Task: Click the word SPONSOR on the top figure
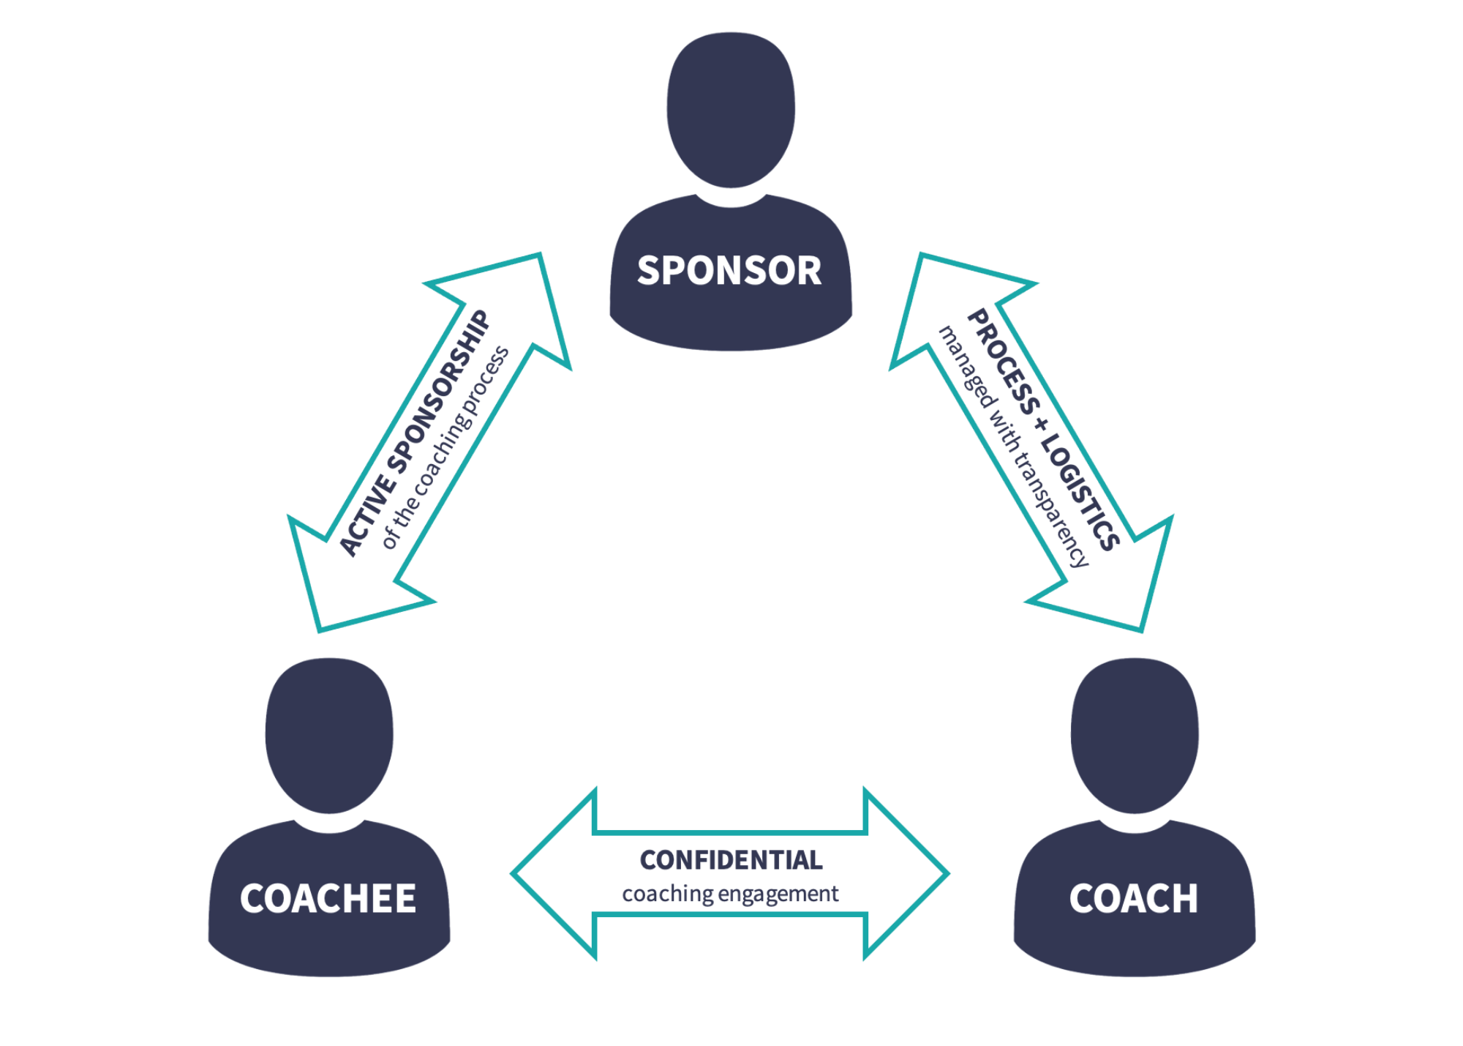(x=729, y=271)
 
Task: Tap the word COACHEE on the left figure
(x=328, y=899)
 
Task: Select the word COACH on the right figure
(x=1133, y=899)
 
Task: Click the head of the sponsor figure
(x=731, y=110)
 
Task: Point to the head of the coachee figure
(x=329, y=734)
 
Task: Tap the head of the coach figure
(x=1135, y=734)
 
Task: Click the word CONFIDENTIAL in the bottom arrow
(x=731, y=860)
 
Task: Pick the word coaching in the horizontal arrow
(x=667, y=894)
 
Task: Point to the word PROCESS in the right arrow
(x=1003, y=362)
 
